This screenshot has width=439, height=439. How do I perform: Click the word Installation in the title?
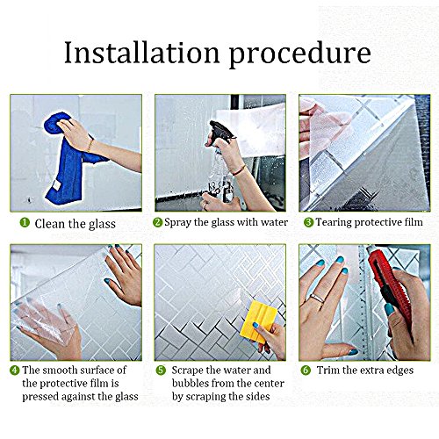141,52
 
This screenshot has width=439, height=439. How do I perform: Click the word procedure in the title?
299,55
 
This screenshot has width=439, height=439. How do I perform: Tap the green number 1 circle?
25,223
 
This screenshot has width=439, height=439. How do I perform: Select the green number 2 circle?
157,222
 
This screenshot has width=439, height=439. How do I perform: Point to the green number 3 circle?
308,222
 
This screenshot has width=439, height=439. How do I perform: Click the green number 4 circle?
15,371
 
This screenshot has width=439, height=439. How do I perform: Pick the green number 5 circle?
161,371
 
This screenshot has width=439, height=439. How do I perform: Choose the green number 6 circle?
306,371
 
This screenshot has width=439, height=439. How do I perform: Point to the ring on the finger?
317,299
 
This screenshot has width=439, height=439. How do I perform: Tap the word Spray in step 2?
177,222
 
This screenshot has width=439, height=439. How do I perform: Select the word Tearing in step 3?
334,222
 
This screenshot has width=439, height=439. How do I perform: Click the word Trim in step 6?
328,371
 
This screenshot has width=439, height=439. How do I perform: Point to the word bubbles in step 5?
191,383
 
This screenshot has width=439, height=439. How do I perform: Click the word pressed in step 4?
41,397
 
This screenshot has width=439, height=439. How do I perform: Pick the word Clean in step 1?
50,224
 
